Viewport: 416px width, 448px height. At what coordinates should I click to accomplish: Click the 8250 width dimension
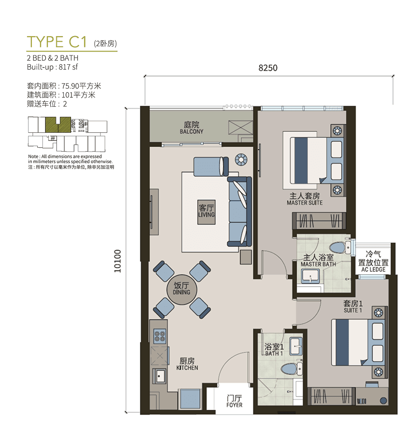tap(268, 68)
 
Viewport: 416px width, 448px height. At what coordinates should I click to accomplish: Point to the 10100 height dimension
tap(118, 261)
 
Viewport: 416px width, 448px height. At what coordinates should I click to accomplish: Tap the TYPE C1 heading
tap(56, 42)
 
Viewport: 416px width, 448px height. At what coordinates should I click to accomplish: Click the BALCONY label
tap(192, 132)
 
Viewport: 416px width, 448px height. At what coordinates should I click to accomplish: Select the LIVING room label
tap(206, 214)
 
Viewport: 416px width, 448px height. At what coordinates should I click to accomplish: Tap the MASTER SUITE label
tap(305, 203)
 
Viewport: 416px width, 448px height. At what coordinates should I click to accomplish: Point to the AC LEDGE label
tap(373, 269)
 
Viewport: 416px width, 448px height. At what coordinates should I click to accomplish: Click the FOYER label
tap(234, 405)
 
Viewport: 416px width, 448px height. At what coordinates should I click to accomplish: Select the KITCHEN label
tap(187, 368)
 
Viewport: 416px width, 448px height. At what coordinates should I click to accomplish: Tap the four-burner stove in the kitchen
tap(159, 336)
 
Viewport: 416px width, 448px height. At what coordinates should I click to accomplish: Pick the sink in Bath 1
tap(296, 346)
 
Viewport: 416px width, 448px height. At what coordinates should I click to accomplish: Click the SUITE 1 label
tap(353, 310)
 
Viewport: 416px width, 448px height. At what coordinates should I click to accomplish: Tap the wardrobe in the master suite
tap(319, 221)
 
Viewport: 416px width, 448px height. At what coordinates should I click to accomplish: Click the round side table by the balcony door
tap(240, 159)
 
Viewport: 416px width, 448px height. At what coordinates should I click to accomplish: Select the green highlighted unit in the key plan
tap(58, 125)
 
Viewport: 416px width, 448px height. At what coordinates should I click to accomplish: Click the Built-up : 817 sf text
tap(52, 67)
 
